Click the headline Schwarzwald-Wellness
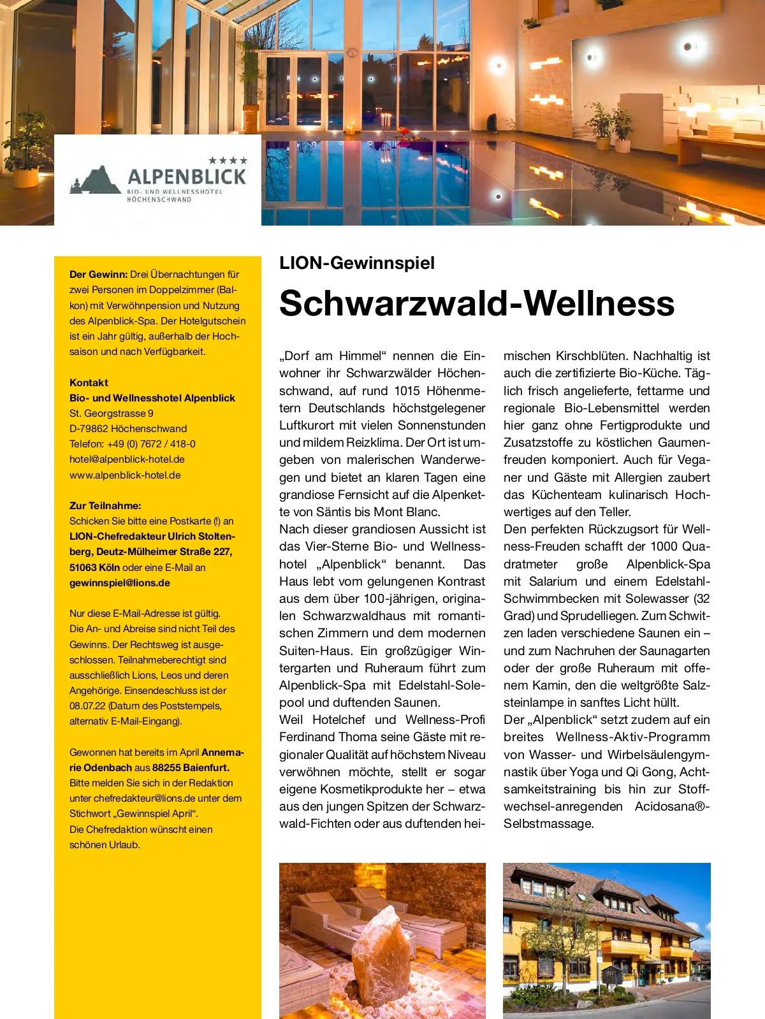(476, 303)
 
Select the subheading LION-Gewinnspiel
(357, 263)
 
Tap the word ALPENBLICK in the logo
(187, 177)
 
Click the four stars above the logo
(228, 161)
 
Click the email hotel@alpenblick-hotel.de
(127, 459)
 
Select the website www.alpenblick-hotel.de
(125, 475)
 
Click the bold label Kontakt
(89, 382)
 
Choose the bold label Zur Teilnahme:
(105, 505)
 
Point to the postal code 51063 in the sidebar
(83, 567)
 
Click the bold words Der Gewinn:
(99, 275)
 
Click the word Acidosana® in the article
(672, 806)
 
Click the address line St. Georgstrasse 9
(112, 413)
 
